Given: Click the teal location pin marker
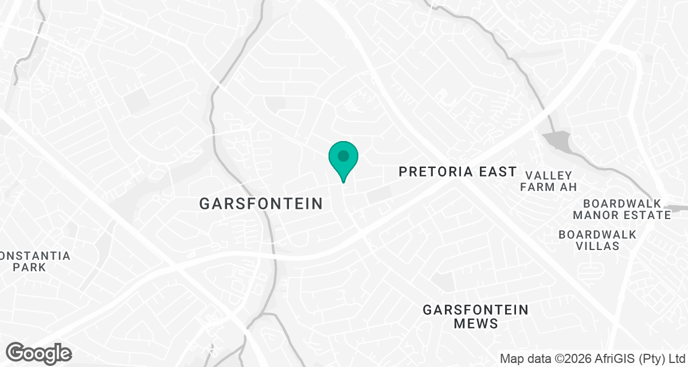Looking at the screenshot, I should pyautogui.click(x=343, y=160).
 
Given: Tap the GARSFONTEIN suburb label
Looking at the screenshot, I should pyautogui.click(x=261, y=203).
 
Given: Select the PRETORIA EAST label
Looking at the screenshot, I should pyautogui.click(x=458, y=171).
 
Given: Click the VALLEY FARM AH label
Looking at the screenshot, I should pyautogui.click(x=548, y=181).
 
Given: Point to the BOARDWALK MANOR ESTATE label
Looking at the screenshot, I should pyautogui.click(x=621, y=209).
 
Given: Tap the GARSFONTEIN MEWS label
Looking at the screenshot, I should pyautogui.click(x=475, y=317).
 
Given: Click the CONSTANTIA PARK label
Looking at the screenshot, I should pyautogui.click(x=34, y=261).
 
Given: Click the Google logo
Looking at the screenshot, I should pyautogui.click(x=38, y=352).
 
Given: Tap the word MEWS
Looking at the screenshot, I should pyautogui.click(x=475, y=323).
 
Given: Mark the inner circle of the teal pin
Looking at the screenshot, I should pyautogui.click(x=343, y=155).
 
